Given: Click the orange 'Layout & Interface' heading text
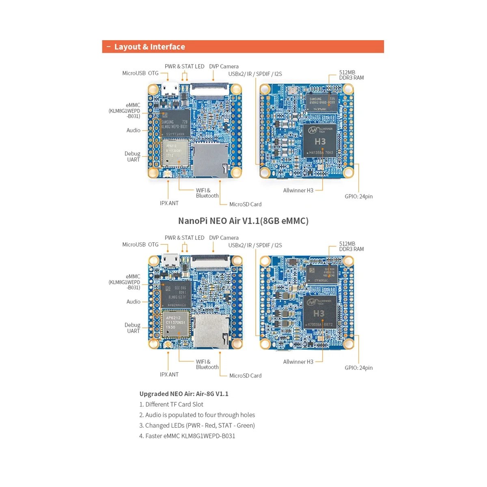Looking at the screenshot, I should point(149,47).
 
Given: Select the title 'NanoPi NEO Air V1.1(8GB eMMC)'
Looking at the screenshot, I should point(243,221).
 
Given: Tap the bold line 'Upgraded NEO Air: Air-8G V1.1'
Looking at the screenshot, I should point(184,394).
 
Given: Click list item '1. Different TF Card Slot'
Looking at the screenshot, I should point(171,404).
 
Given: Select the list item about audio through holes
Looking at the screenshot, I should point(197,415).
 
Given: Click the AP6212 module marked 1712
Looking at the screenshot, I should point(175,153).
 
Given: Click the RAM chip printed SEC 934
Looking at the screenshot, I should point(321,275).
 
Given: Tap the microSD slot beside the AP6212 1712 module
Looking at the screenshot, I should point(209,159).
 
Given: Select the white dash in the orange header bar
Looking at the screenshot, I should point(109,47).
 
